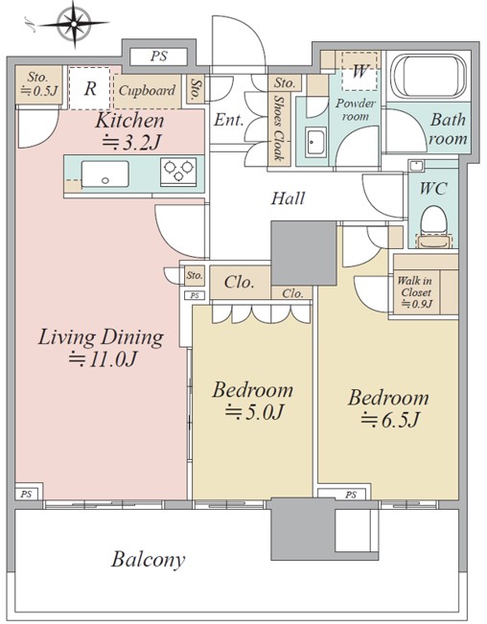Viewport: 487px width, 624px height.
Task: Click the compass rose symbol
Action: (74, 24)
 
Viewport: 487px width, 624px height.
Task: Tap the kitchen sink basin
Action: (105, 173)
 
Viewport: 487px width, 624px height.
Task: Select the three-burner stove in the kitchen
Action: (178, 172)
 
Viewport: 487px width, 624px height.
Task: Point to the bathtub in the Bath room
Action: (428, 76)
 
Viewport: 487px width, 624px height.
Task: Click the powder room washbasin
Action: (316, 142)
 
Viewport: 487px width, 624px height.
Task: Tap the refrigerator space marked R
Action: (89, 88)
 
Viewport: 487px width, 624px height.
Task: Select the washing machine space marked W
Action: (359, 71)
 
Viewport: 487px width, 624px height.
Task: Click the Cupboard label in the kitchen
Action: (147, 90)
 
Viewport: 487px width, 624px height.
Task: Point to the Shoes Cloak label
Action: (279, 127)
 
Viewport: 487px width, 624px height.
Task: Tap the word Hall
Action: (288, 197)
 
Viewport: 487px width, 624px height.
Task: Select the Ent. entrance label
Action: (228, 120)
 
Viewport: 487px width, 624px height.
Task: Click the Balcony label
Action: (148, 560)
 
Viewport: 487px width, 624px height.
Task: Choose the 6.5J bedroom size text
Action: (390, 420)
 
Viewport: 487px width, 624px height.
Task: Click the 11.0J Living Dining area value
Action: (103, 358)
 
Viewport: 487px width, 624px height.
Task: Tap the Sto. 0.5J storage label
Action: (38, 84)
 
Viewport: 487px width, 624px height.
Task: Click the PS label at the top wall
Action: (159, 57)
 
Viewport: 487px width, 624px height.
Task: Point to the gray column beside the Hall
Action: (304, 253)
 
